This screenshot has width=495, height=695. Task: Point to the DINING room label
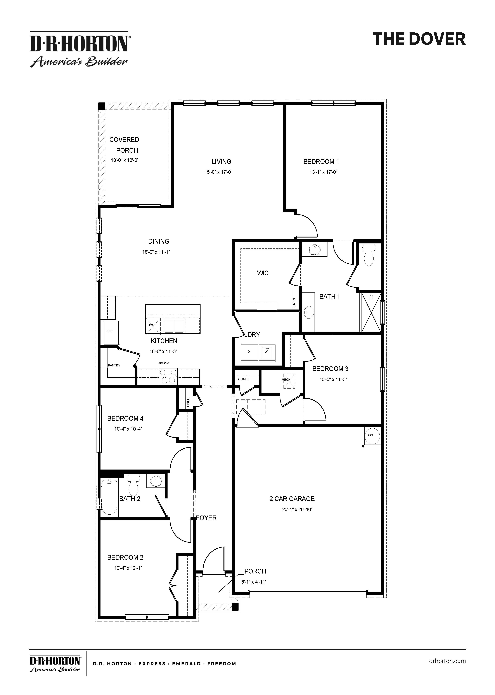(x=159, y=241)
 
